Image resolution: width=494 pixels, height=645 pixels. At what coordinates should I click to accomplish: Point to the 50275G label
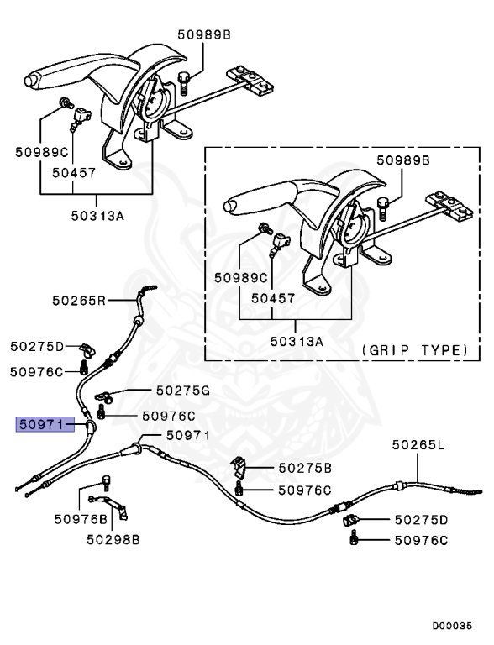[x=181, y=391]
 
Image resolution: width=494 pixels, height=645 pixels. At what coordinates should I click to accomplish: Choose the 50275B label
[x=305, y=467]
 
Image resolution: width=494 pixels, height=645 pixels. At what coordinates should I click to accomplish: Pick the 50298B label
[x=112, y=540]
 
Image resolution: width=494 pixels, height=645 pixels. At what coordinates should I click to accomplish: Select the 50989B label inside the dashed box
[x=402, y=160]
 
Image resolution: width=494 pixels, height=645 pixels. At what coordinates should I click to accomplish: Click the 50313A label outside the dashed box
[x=97, y=215]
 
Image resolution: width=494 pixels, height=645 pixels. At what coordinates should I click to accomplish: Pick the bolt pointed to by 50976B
[x=106, y=481]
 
